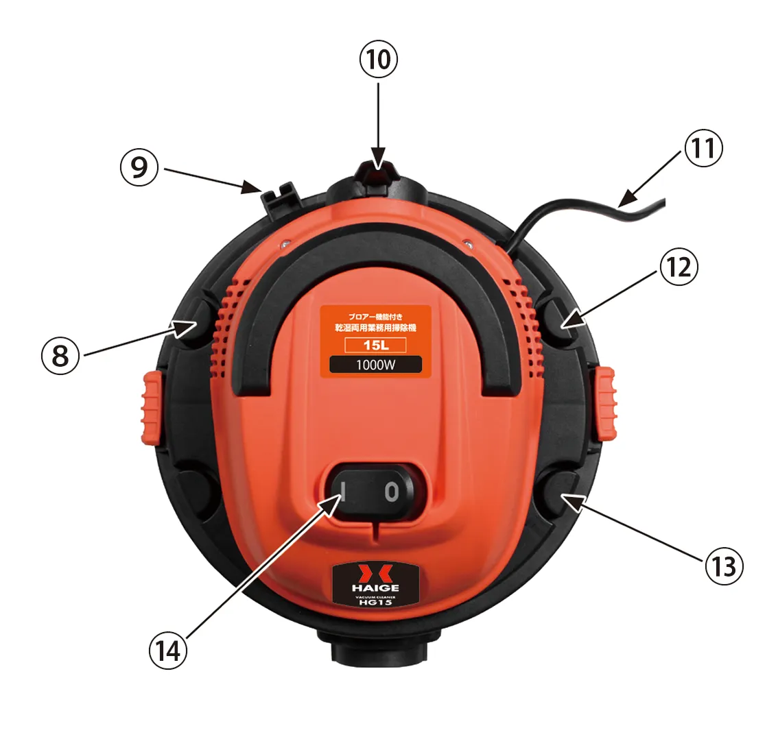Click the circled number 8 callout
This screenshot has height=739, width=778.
tap(60, 355)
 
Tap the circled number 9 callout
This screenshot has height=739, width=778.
tap(139, 167)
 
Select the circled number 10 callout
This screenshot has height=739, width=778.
tap(379, 60)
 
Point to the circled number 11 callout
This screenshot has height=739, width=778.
tap(704, 147)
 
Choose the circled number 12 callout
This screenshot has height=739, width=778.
tap(679, 267)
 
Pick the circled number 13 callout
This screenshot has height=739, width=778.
tap(724, 566)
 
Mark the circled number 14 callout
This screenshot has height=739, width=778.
tap(168, 651)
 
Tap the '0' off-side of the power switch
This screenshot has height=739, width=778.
tap(392, 492)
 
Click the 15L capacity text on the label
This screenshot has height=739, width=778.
tap(375, 345)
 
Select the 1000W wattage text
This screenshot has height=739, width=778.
tap(375, 365)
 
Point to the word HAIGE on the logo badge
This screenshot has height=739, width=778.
tap(375, 587)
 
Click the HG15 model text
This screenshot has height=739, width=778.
tap(375, 603)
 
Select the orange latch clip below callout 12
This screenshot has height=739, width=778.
tap(606, 403)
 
